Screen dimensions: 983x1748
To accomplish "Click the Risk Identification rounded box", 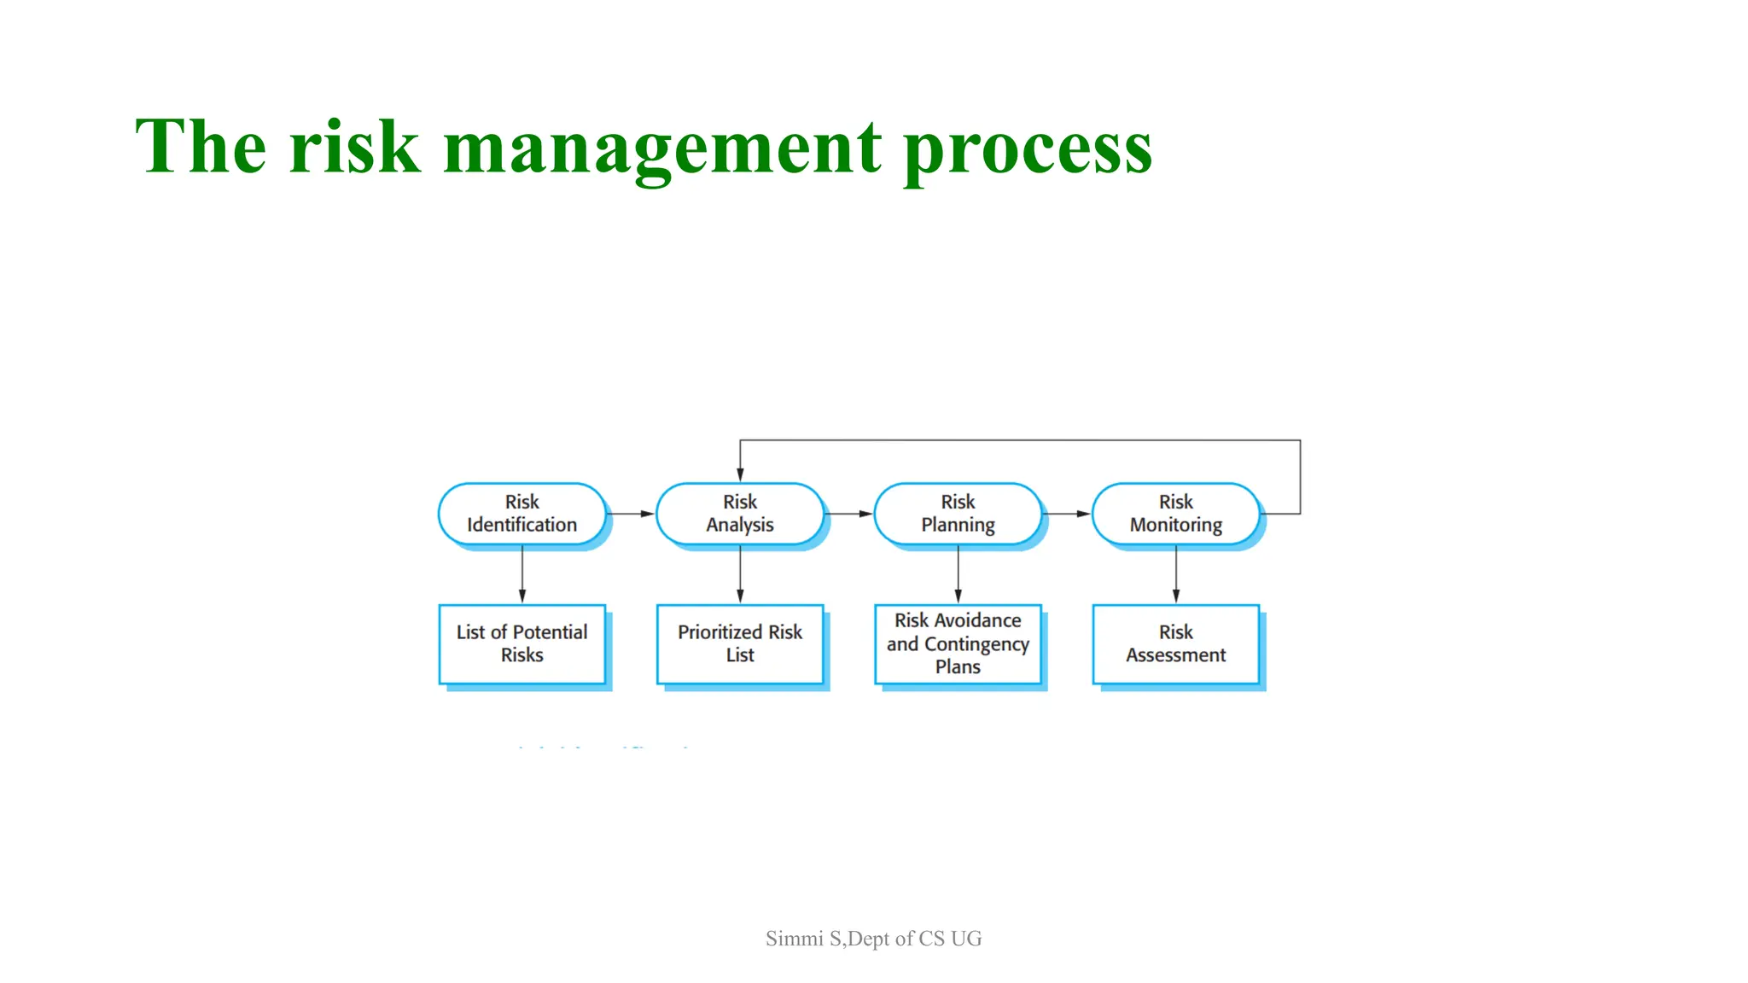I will coord(521,514).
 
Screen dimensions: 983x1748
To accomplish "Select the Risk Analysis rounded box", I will coord(739,514).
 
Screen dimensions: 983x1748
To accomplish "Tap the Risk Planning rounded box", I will coord(958,514).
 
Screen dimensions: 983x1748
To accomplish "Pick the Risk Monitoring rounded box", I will coord(1175,514).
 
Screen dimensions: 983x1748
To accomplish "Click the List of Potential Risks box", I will coord(521,644).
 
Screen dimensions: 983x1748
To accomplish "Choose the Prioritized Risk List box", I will coord(739,644).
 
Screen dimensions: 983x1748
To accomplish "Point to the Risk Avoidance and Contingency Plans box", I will coord(958,644).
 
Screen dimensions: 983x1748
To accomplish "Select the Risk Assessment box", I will coord(1175,644).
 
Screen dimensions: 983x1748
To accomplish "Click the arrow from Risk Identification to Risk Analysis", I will coord(632,514).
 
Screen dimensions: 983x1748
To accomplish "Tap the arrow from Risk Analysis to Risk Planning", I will coord(850,514).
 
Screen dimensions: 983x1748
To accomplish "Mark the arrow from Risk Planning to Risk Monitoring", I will coord(1068,514).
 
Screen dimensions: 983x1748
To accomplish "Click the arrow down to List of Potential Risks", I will coord(522,576).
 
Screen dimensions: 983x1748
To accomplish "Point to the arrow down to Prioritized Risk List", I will coord(740,576).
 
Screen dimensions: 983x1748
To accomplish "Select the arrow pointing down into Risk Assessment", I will coord(1176,576).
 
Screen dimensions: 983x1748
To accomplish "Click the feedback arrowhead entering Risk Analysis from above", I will coord(740,474).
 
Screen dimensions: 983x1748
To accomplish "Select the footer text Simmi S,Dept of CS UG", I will coord(873,939).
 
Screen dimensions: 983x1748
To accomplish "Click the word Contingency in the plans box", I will coord(976,644).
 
